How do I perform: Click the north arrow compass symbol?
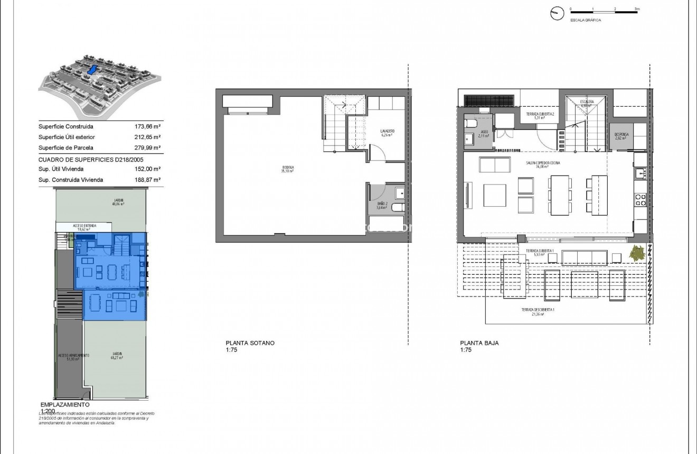[557, 14]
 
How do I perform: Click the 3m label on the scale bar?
[637, 10]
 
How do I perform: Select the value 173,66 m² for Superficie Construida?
[148, 127]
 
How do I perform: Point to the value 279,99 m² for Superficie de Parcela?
[148, 147]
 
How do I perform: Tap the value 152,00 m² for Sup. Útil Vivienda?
[148, 169]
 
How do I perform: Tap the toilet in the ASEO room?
[472, 124]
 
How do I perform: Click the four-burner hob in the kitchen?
[640, 200]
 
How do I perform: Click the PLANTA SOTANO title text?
[250, 343]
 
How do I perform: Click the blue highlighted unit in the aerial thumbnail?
[92, 70]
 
